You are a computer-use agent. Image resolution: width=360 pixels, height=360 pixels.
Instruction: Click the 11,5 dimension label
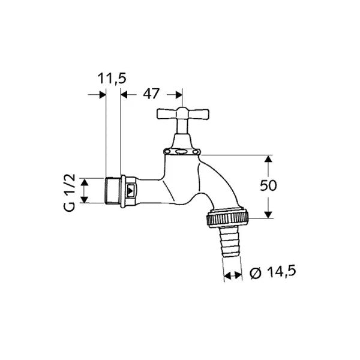click(x=112, y=78)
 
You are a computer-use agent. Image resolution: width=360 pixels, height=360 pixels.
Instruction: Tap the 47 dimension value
click(x=151, y=94)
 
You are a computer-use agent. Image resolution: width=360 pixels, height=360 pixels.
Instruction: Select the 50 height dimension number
click(x=268, y=185)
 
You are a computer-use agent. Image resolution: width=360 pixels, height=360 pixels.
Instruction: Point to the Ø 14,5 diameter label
click(x=273, y=272)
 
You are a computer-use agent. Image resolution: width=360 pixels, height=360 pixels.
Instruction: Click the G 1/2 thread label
click(x=69, y=193)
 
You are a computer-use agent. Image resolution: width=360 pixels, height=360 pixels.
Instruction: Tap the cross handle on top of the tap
click(x=183, y=114)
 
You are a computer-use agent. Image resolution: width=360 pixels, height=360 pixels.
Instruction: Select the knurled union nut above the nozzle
click(x=228, y=217)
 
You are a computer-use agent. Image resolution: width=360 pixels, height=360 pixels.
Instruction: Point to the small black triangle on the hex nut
click(x=130, y=191)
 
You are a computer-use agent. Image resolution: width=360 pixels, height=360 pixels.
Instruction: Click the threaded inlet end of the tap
click(x=113, y=191)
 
